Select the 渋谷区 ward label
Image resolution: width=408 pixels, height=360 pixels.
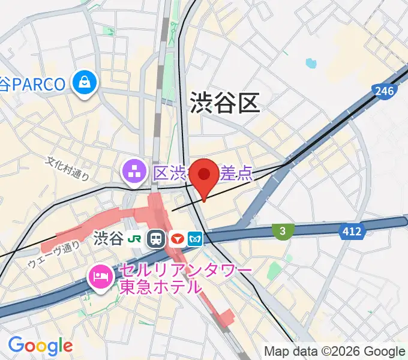tap(225, 103)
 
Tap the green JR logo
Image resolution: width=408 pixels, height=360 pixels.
tap(137, 239)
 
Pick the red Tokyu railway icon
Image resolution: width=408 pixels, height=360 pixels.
tap(177, 239)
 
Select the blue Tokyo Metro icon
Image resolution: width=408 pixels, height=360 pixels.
tap(196, 239)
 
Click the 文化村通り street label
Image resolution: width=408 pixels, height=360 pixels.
tap(68, 169)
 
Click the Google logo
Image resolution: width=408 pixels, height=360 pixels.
tap(40, 345)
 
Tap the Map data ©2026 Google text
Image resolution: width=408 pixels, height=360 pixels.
tap(335, 351)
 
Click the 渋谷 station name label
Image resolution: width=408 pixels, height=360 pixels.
tap(109, 239)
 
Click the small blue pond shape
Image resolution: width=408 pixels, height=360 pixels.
tap(310, 62)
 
